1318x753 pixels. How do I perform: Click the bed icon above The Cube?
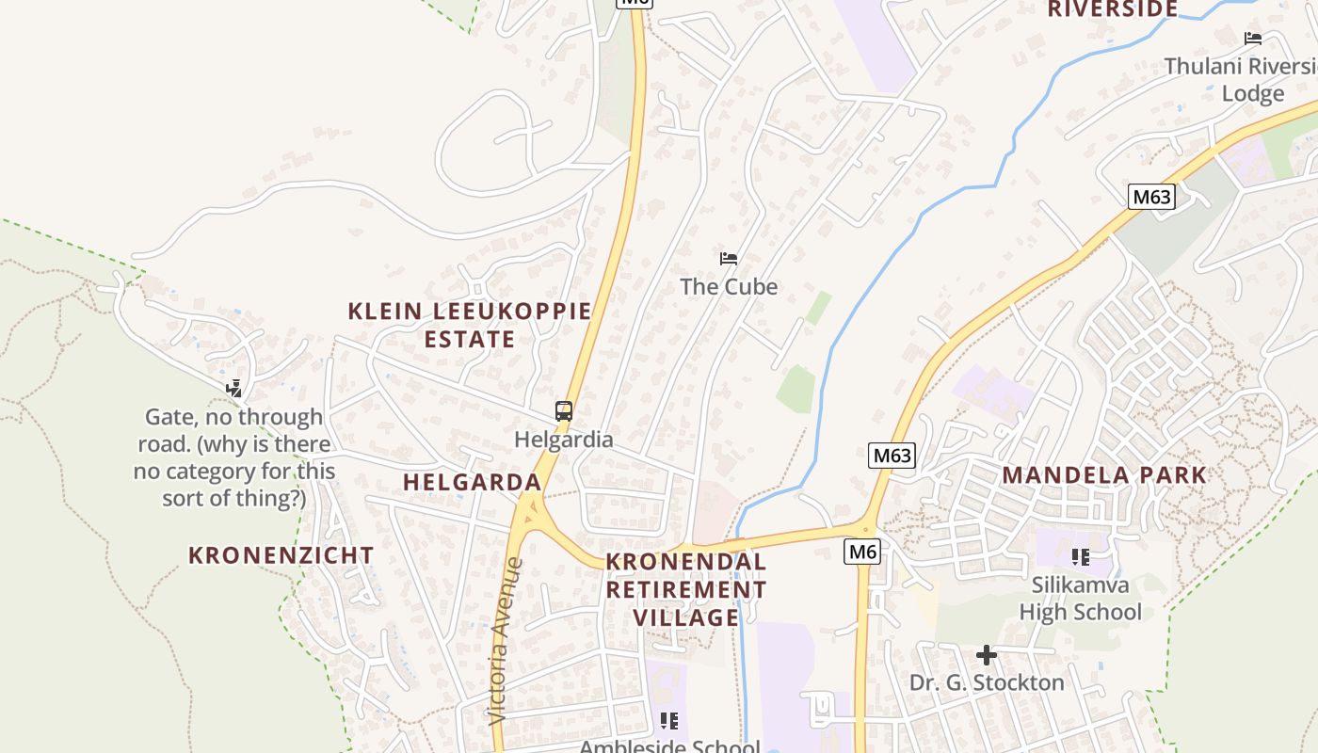click(x=728, y=259)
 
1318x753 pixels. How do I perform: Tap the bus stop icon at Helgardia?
click(x=564, y=411)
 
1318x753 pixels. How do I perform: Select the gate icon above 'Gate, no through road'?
click(x=234, y=388)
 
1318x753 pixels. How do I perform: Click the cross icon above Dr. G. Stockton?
click(x=986, y=655)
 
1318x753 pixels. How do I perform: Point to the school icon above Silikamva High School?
click(x=1080, y=557)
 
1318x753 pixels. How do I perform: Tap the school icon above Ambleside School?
click(x=668, y=722)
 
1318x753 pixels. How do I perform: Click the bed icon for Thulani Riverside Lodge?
click(x=1252, y=39)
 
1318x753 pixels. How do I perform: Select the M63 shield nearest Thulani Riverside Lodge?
click(x=1151, y=197)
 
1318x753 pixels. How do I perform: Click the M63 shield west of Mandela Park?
click(x=892, y=457)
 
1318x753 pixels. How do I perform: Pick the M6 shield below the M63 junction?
click(x=861, y=552)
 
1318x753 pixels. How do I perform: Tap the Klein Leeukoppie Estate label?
click(x=470, y=325)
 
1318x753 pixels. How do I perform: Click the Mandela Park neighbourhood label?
click(x=1104, y=474)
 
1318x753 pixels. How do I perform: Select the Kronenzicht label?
click(x=281, y=555)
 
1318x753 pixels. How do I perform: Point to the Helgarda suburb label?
click(x=472, y=482)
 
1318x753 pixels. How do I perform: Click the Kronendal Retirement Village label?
click(x=685, y=589)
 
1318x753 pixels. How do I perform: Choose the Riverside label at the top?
click(x=1112, y=9)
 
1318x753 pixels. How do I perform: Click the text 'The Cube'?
click(x=729, y=286)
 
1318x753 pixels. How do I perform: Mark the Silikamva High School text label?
click(x=1080, y=599)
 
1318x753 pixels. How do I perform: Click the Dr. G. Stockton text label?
click(x=987, y=682)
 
